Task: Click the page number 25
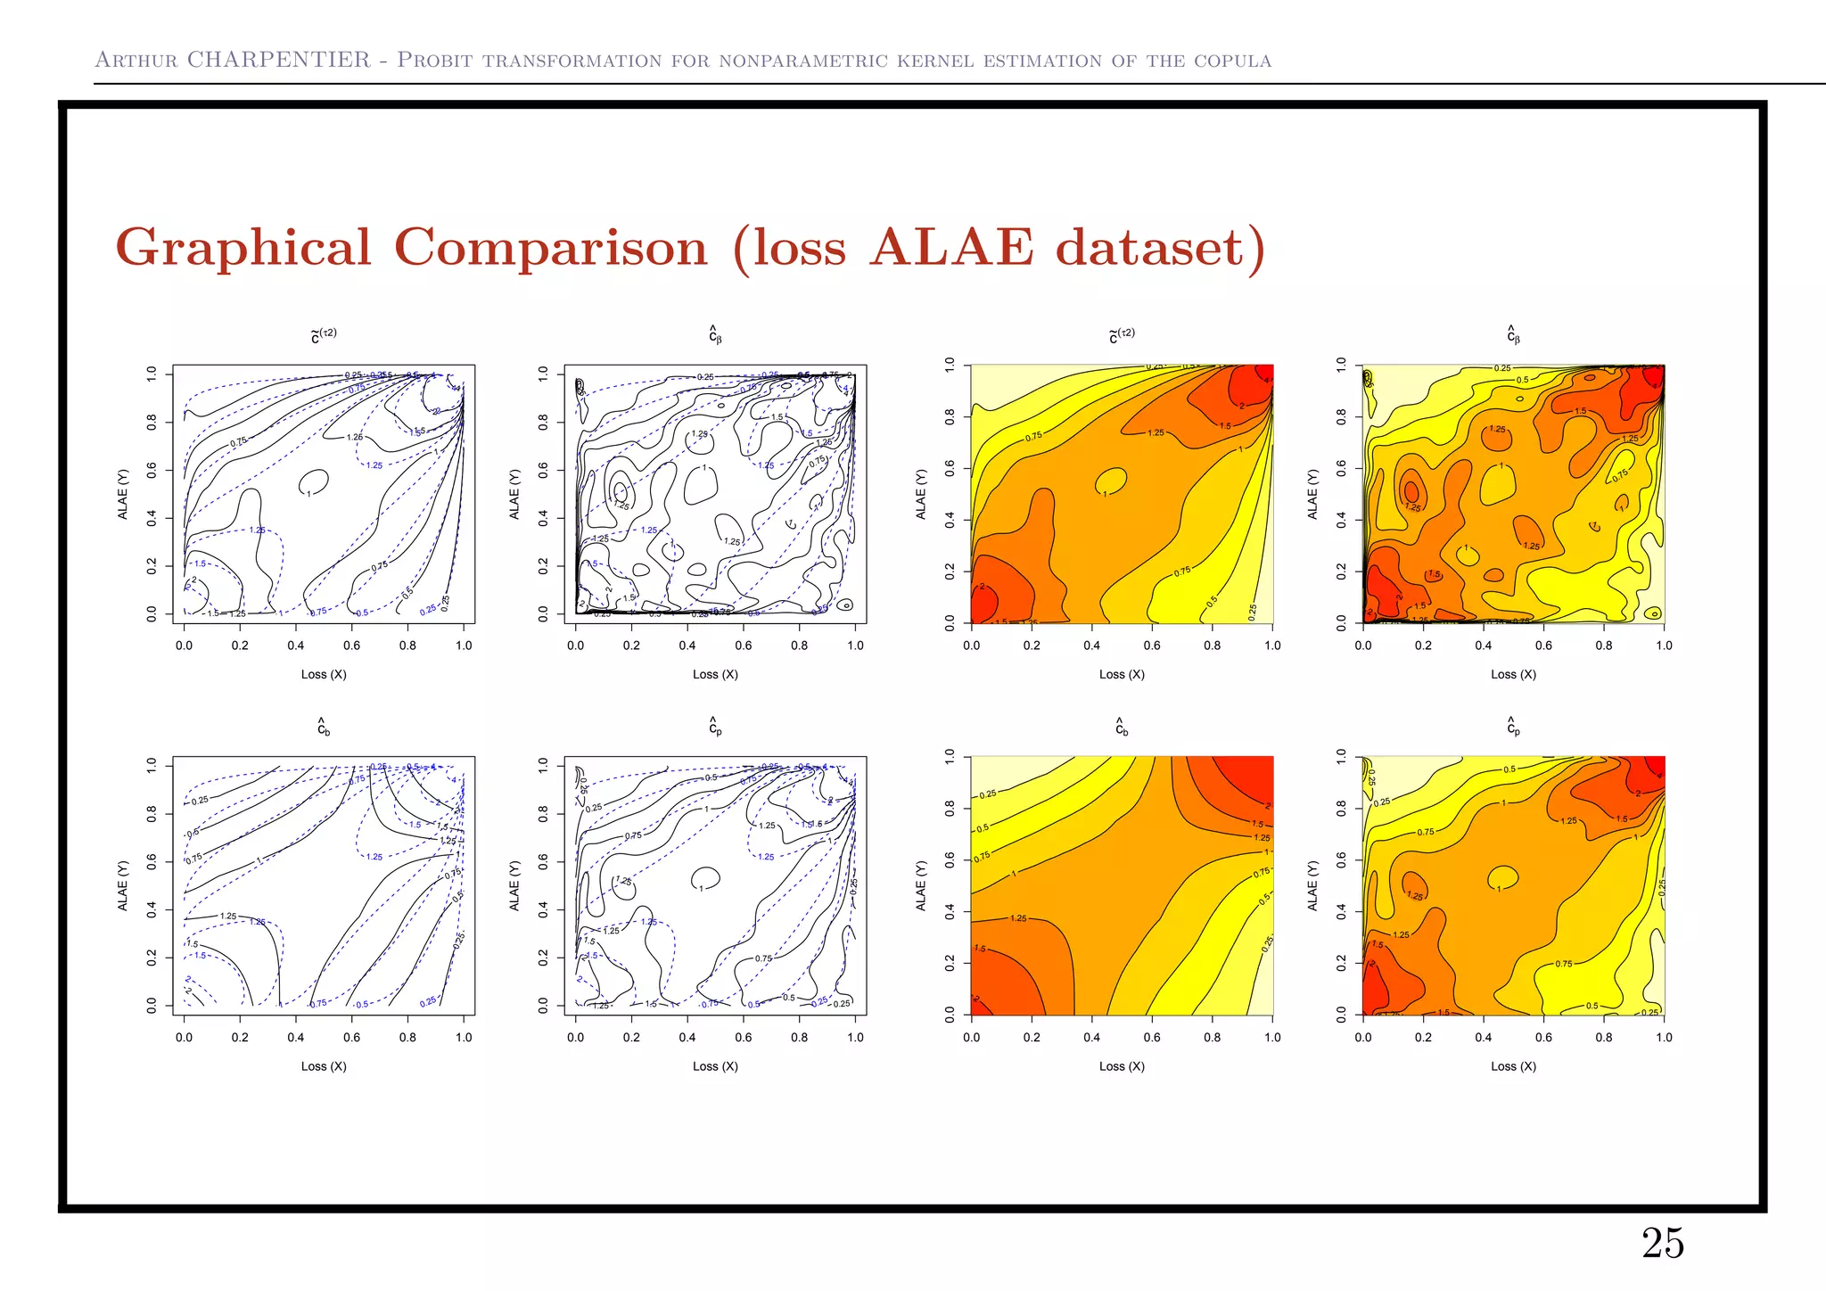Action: (1663, 1243)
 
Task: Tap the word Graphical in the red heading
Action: (243, 248)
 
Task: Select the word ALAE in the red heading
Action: (951, 248)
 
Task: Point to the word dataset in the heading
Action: (1159, 248)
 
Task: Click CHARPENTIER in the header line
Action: (278, 60)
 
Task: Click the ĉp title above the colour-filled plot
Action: (1513, 727)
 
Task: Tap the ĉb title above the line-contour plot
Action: (324, 727)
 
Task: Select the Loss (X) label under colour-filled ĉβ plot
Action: (1513, 674)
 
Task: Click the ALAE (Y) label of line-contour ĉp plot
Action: (514, 885)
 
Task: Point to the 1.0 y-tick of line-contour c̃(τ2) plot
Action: (152, 373)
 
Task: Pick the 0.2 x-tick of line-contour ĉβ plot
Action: (631, 645)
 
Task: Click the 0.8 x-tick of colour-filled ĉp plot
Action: (1604, 1037)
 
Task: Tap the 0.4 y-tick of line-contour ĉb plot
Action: (152, 909)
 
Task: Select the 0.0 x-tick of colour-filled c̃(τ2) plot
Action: (971, 645)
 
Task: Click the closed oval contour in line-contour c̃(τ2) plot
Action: (314, 481)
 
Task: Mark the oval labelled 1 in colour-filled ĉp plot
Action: (1503, 877)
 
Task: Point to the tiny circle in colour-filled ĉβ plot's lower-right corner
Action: (1653, 613)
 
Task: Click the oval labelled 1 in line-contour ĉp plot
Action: (706, 878)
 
